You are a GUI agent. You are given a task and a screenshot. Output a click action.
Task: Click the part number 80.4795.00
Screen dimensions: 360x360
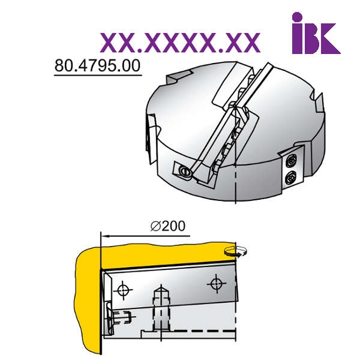click(97, 65)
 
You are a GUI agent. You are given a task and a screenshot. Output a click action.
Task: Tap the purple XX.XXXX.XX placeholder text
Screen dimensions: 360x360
click(180, 43)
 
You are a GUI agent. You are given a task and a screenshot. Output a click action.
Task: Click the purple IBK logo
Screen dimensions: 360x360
click(316, 33)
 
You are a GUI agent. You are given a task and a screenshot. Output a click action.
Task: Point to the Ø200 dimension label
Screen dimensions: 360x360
click(168, 226)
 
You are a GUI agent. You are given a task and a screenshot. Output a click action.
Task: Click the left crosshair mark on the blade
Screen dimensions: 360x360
click(123, 290)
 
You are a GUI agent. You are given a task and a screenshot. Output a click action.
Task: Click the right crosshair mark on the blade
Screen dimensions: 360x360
click(216, 284)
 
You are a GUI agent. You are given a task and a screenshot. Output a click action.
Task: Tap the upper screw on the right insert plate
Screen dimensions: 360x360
click(291, 161)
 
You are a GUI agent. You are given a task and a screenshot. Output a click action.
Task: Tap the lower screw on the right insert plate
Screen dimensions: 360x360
click(290, 178)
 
